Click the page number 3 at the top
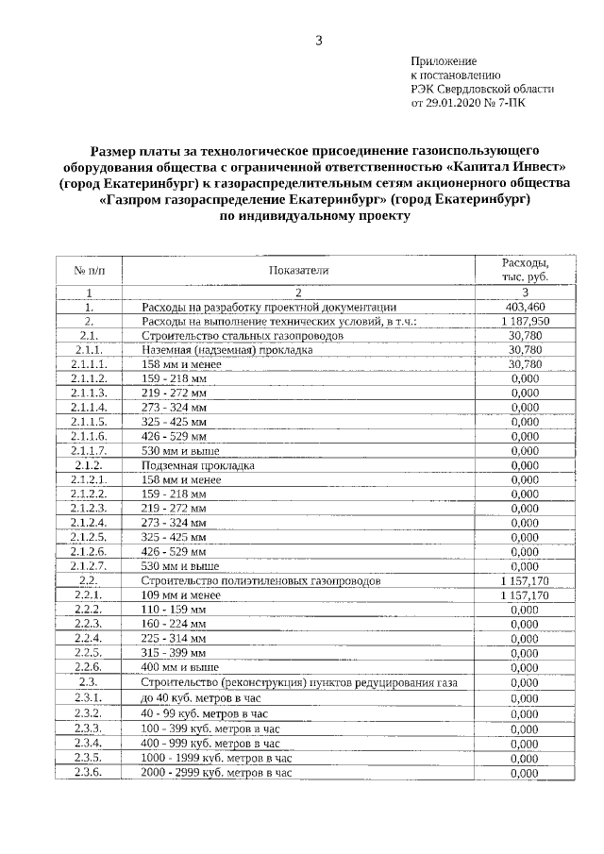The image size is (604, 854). (x=319, y=40)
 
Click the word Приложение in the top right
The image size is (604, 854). (x=443, y=59)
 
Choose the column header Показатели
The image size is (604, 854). (x=297, y=270)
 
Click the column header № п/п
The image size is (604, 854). (x=89, y=270)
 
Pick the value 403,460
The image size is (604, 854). (x=524, y=307)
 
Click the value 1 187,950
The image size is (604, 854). (x=524, y=321)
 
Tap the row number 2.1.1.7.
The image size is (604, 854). (x=89, y=451)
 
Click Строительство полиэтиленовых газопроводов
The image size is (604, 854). (x=260, y=580)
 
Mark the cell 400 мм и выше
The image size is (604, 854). (x=180, y=667)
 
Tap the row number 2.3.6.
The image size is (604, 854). (x=89, y=773)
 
